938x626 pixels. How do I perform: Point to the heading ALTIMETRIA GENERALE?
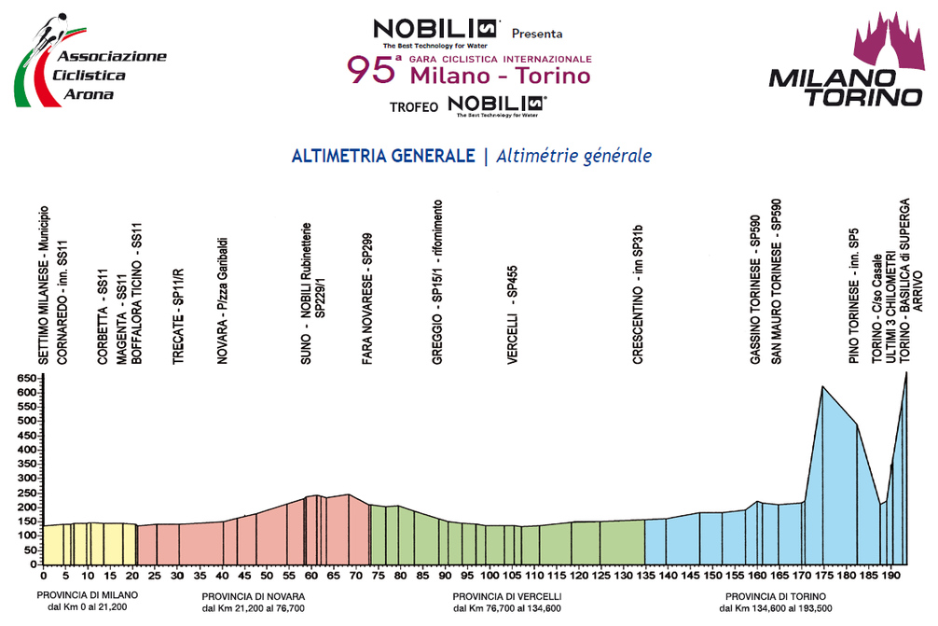(x=383, y=156)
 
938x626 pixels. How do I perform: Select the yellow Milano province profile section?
(x=89, y=546)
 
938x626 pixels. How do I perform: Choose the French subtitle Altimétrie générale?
(x=574, y=156)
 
